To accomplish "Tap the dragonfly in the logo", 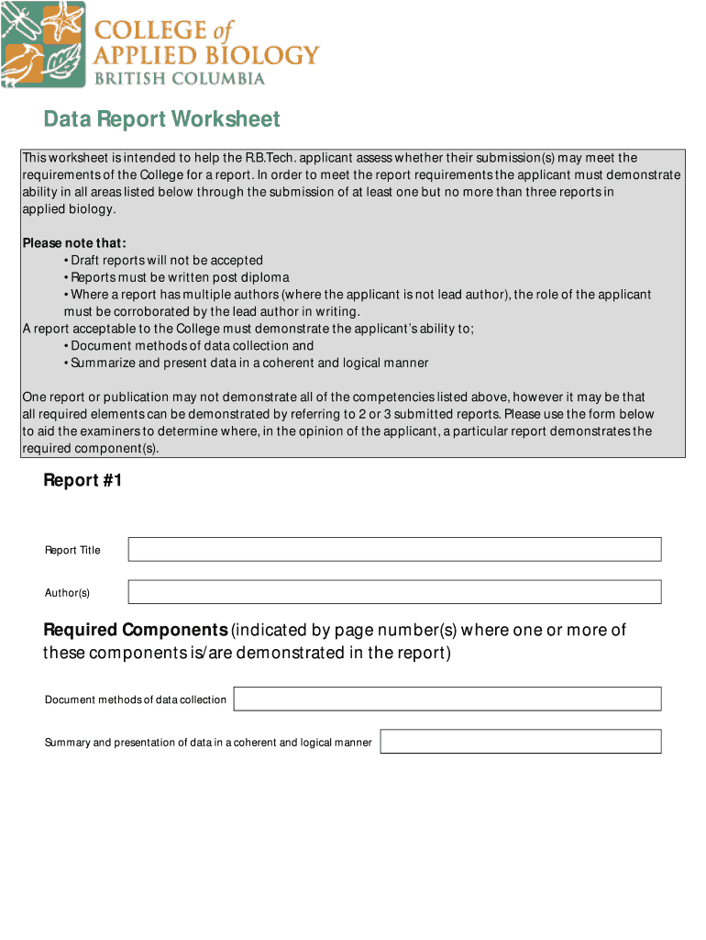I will pyautogui.click(x=20, y=22).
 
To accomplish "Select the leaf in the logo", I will pyautogui.click(x=66, y=66).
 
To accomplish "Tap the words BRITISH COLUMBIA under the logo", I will pyautogui.click(x=180, y=78).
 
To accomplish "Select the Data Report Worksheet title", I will pyautogui.click(x=162, y=119).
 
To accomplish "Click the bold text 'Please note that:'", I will pyautogui.click(x=74, y=243).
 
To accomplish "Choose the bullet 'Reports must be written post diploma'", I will pyautogui.click(x=180, y=277).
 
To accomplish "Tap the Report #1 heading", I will pyautogui.click(x=83, y=481).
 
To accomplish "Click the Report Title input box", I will pyautogui.click(x=394, y=549).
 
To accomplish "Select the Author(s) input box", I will pyautogui.click(x=394, y=592).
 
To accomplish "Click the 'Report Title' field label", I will pyautogui.click(x=72, y=551).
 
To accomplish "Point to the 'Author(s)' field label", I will pyautogui.click(x=67, y=593).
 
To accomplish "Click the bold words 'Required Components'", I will pyautogui.click(x=136, y=631).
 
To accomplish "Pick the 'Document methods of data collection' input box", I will pyautogui.click(x=447, y=699).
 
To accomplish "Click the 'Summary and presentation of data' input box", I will pyautogui.click(x=520, y=742).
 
